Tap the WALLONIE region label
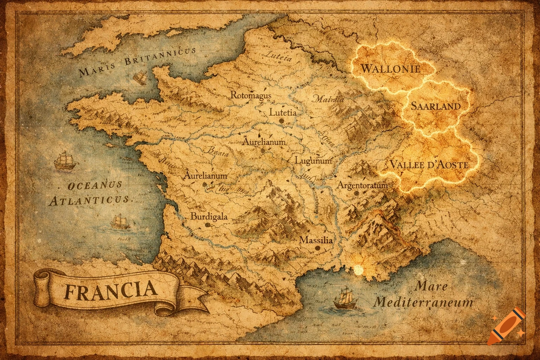click(x=390, y=68)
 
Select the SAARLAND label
click(x=436, y=106)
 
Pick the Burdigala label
click(x=209, y=217)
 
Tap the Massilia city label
click(x=316, y=240)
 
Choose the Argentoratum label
click(x=362, y=185)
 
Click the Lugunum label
click(x=313, y=161)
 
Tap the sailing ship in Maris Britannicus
click(x=140, y=77)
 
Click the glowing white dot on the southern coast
click(x=358, y=270)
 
